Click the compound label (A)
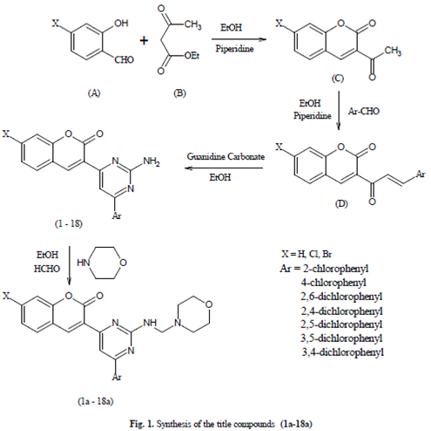[x=94, y=93]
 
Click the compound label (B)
[x=179, y=93]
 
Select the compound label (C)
[x=338, y=79]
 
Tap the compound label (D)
[x=341, y=203]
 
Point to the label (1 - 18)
[x=69, y=223]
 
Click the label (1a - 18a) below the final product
[x=96, y=401]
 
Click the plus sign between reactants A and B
[x=144, y=40]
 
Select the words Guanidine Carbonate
[x=226, y=156]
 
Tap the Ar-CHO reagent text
[x=364, y=111]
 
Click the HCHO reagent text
[x=47, y=269]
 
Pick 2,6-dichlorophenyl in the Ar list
[x=341, y=297]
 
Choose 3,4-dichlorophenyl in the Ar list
[x=343, y=352]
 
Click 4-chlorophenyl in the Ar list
[x=333, y=283]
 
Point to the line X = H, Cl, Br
[x=306, y=254]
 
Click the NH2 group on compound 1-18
[x=152, y=161]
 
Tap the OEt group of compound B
[x=192, y=55]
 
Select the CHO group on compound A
[x=124, y=59]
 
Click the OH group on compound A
[x=121, y=23]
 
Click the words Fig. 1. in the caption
[x=142, y=424]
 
